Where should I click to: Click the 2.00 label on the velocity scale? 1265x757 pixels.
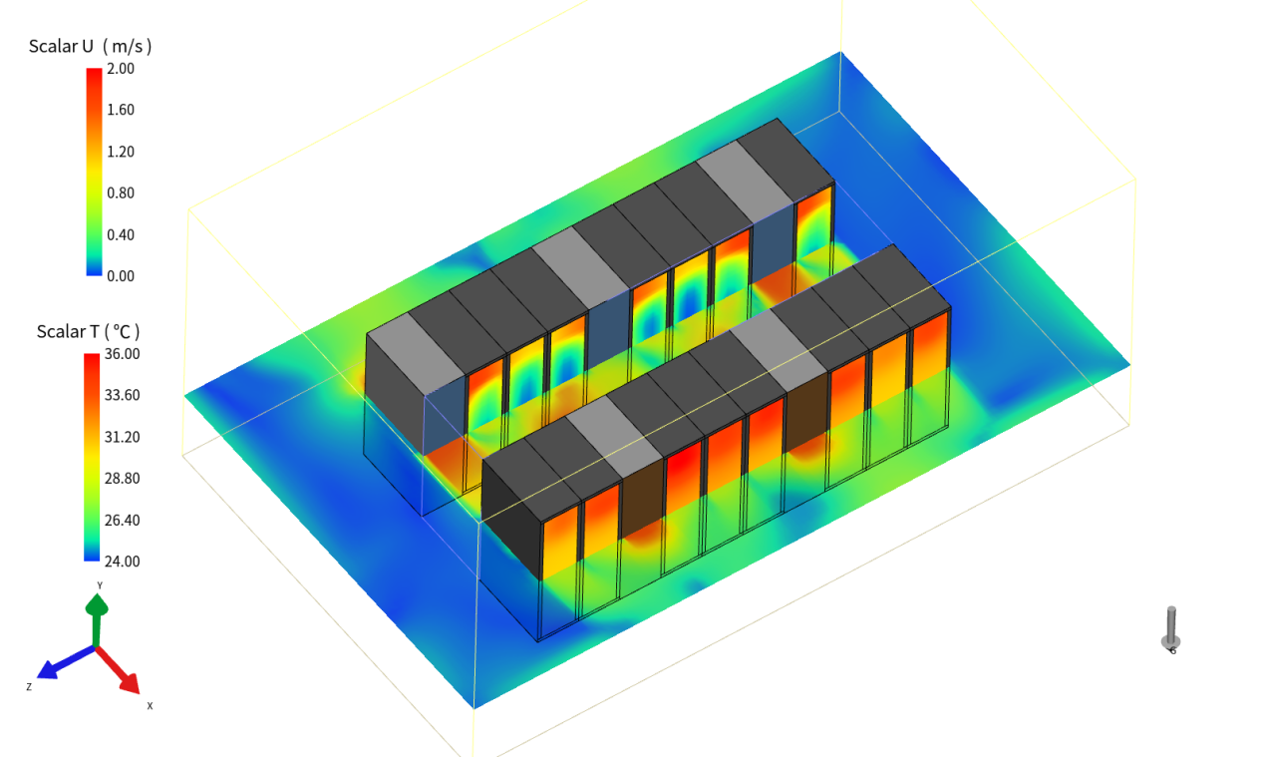121,69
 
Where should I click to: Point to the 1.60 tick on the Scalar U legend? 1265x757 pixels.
121,110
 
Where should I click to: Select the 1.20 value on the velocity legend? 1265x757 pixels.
121,152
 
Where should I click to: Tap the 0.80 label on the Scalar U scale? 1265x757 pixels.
121,193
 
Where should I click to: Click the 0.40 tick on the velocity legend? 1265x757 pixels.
121,234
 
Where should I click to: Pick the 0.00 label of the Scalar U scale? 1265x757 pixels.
121,276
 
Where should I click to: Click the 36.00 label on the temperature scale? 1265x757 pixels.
122,354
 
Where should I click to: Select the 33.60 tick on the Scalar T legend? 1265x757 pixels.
122,395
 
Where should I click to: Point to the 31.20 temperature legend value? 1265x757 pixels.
122,437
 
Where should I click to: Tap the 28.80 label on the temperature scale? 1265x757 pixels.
122,479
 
